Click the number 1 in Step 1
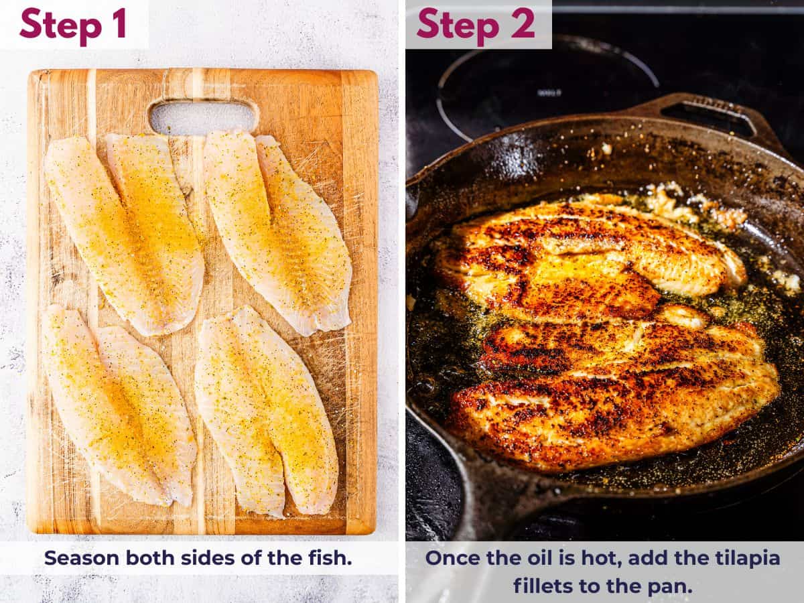(118, 24)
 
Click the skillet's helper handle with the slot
(710, 114)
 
